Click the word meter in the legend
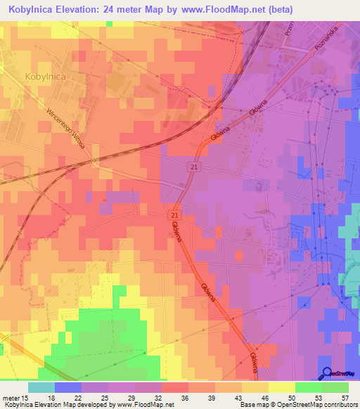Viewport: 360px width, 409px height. pos(11,397)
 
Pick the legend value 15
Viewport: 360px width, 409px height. pos(26,397)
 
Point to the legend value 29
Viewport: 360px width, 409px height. pos(133,397)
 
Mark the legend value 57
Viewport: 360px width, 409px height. pos(345,397)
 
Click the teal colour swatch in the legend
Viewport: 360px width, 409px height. pos(41,387)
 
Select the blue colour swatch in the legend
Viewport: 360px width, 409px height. pos(68,387)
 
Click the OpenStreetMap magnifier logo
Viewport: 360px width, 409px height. pos(326,374)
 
